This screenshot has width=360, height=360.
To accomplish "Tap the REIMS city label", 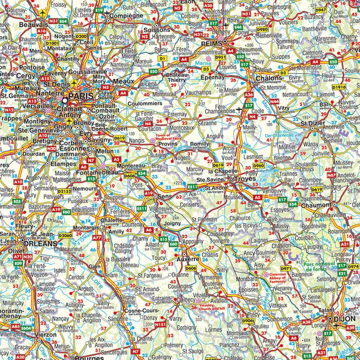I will click(210, 44).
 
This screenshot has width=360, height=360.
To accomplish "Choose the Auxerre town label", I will click(187, 260).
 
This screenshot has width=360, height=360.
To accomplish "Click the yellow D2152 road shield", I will click(64, 190).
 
